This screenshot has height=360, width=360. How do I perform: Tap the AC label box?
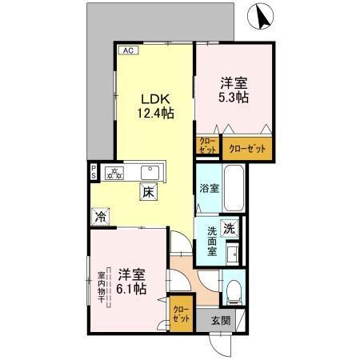pyautogui.click(x=127, y=50)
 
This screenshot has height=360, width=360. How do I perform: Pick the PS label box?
pyautogui.click(x=94, y=171)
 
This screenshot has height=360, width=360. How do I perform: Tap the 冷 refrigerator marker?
pyautogui.click(x=101, y=216)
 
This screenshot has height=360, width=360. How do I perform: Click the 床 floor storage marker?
pyautogui.click(x=149, y=192)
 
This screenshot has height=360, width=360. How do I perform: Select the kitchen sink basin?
pyautogui.click(x=150, y=171)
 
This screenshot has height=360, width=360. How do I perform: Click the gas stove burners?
pyautogui.click(x=115, y=171)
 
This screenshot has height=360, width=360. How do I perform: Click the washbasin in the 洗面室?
pyautogui.click(x=232, y=254)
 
